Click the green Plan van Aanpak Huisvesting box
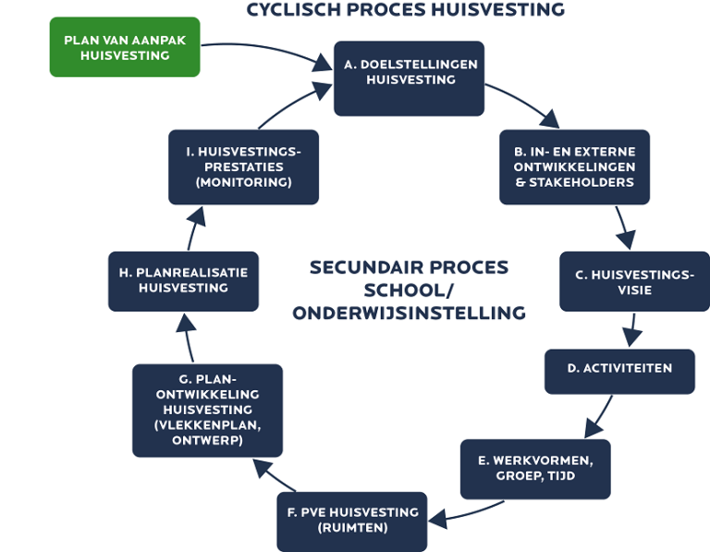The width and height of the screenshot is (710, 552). click(124, 47)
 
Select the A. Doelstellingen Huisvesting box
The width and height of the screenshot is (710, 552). click(409, 79)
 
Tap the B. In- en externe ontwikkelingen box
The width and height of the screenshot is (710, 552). click(575, 167)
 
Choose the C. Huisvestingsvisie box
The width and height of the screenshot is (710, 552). click(633, 281)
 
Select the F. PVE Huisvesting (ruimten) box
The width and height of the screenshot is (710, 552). click(352, 521)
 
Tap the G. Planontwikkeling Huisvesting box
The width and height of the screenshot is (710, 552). click(207, 410)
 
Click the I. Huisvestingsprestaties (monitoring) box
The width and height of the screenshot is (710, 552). click(243, 167)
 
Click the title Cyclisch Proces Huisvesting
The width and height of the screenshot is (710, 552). click(405, 10)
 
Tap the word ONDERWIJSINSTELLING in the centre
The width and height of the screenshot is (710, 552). click(409, 313)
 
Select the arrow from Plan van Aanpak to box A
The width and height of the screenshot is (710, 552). click(268, 51)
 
